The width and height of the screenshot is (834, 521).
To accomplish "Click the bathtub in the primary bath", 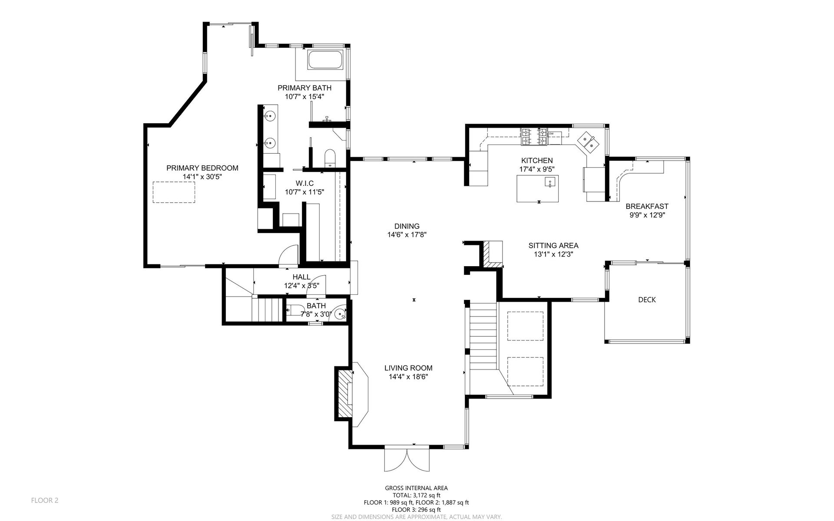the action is pos(325,60).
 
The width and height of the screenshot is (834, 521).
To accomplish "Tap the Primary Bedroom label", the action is pos(202,168).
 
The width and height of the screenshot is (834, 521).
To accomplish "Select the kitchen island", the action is pos(537,188).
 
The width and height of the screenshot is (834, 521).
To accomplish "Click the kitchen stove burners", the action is pos(533,137).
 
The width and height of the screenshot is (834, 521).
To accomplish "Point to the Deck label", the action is pos(647,300).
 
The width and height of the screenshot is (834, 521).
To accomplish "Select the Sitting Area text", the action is pos(553,245).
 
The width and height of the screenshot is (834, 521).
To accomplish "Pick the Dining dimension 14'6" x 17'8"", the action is pos(407,235).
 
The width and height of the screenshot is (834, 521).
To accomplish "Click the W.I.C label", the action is pos(304,183).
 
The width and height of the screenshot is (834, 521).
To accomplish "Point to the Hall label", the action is pos(301,277).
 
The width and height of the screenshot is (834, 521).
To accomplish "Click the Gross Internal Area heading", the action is pos(416,488).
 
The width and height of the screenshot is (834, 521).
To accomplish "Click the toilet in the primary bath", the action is pos(330,158).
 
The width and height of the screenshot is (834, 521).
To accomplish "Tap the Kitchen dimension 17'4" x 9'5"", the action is pos(537,169).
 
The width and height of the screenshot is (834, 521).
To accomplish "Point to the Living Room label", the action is pos(408,368).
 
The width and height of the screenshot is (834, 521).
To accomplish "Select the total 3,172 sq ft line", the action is pos(416,495).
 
